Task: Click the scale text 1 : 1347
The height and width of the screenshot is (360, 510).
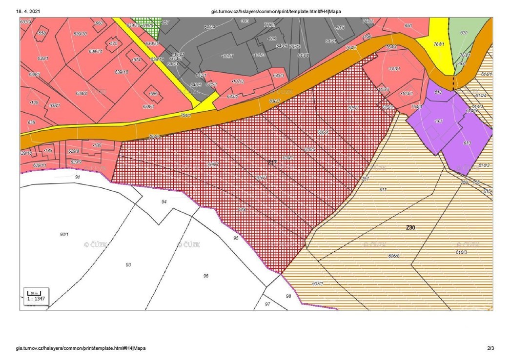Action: pos(36,298)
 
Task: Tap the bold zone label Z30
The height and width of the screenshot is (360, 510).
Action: pos(410,227)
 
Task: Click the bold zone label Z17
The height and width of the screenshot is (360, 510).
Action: pos(272,162)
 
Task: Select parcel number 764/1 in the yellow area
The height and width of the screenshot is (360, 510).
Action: pos(439,44)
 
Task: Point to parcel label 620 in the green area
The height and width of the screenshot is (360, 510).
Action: pos(464,33)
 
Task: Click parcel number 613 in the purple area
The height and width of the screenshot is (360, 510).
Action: pos(467,143)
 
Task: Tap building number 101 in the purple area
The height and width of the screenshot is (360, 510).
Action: pos(438,120)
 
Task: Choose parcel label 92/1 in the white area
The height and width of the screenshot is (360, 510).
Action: pos(64,234)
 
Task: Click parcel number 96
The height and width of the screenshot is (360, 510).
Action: pos(206,276)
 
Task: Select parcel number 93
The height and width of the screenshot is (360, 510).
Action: pos(128,264)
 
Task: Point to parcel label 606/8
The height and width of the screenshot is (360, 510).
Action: pos(394,256)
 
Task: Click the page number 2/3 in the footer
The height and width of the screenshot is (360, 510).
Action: pos(490,348)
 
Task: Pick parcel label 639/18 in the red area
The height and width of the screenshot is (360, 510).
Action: pos(122,72)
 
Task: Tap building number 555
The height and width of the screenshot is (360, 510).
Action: pos(153,93)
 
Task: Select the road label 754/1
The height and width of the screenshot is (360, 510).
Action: pos(185,115)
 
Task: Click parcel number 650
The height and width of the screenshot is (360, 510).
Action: pos(408,25)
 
